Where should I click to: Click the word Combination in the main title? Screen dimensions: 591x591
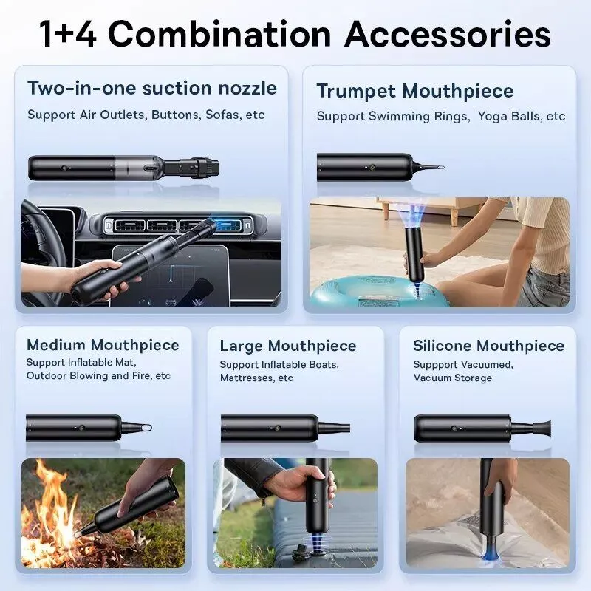[x=219, y=34]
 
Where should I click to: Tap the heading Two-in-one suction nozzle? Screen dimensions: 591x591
[x=152, y=88]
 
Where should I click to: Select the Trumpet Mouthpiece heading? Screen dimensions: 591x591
[x=415, y=91]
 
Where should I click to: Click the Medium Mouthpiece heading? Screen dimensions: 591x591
[x=103, y=345]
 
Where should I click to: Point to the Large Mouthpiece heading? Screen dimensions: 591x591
[x=288, y=346]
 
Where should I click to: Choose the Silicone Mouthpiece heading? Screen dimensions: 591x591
[x=488, y=346]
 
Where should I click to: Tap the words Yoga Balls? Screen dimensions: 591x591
[x=509, y=116]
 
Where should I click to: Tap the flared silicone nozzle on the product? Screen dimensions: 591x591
[x=542, y=428]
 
